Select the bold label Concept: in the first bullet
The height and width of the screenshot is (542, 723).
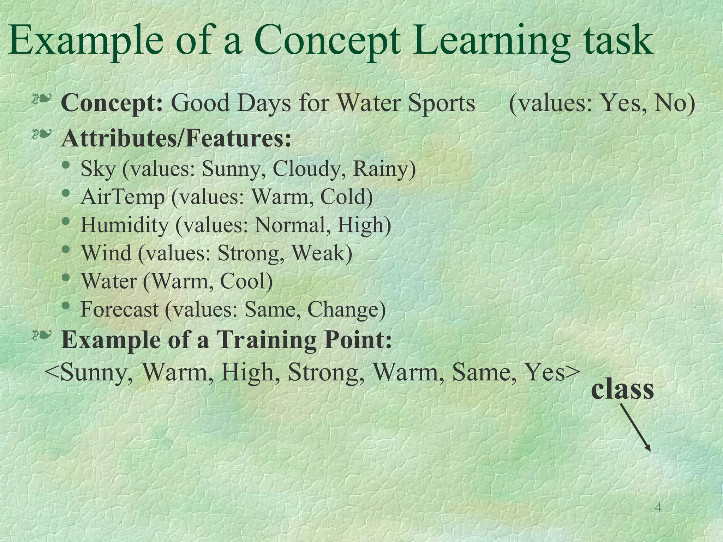(112, 103)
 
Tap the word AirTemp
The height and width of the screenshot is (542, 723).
(123, 197)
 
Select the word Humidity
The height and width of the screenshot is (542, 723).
(125, 225)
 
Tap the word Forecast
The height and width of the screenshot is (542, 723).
(120, 309)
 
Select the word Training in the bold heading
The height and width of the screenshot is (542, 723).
(267, 339)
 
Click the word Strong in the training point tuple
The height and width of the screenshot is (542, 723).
(327, 372)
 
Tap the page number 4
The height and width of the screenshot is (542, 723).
(658, 507)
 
